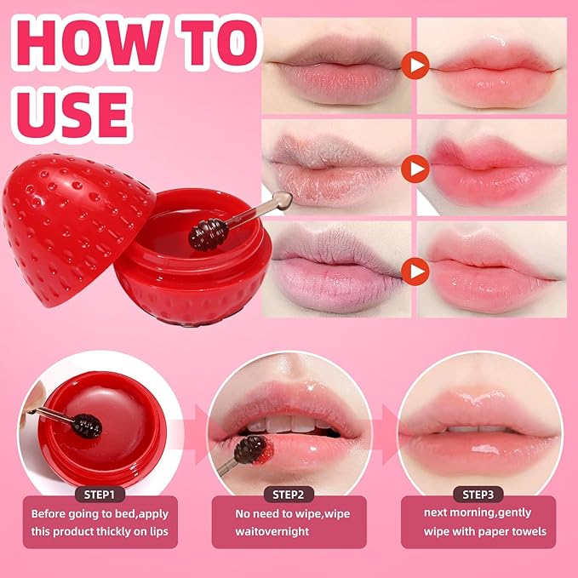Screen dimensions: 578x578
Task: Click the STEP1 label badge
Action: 100,495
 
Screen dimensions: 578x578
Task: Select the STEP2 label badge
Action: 292,495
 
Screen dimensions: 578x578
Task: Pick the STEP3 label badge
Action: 482,495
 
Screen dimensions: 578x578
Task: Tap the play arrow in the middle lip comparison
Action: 415,169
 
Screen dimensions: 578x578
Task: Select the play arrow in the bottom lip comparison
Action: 415,272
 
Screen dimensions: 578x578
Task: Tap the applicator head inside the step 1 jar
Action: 85,425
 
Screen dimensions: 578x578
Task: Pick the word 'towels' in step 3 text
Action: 525,532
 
